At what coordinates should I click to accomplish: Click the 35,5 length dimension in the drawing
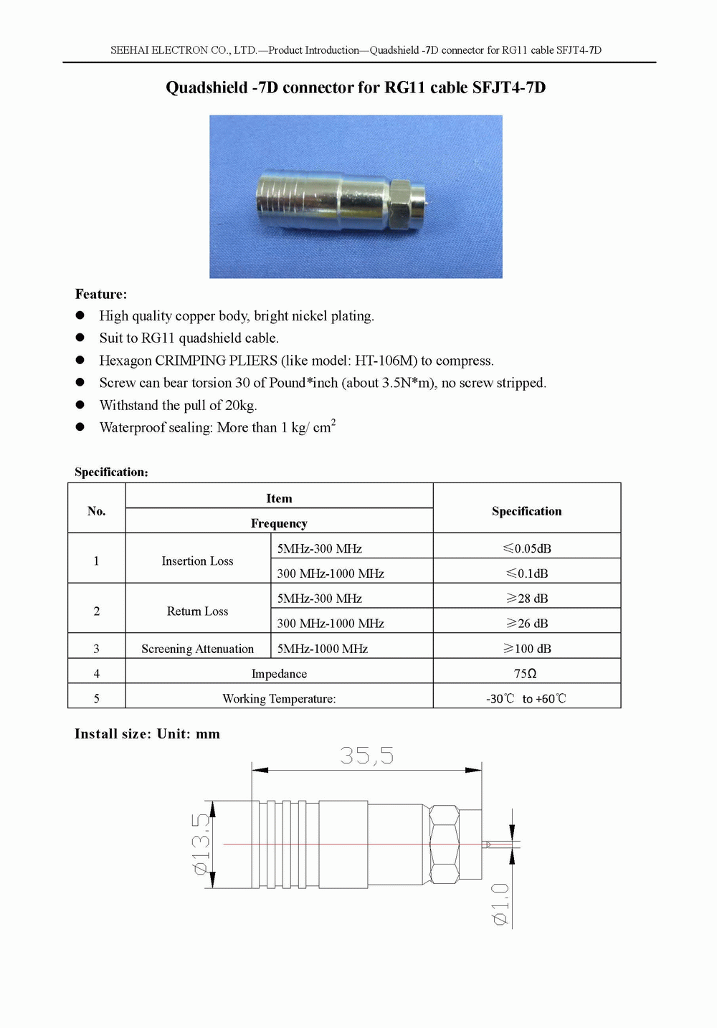click(x=366, y=756)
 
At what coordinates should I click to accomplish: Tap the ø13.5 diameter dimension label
click(x=201, y=844)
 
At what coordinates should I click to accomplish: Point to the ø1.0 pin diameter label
click(x=500, y=904)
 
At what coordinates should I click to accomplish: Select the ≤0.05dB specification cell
click(x=527, y=548)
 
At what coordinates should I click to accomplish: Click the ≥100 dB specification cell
click(x=527, y=649)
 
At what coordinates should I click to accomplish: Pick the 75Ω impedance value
click(x=526, y=674)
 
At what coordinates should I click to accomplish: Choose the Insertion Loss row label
click(x=197, y=561)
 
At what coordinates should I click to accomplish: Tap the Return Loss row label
click(x=197, y=611)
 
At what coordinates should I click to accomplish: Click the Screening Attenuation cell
click(x=197, y=649)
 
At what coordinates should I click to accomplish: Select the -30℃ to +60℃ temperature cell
click(x=526, y=698)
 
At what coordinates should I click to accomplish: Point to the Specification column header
click(x=526, y=511)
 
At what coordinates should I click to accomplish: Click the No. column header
click(x=96, y=511)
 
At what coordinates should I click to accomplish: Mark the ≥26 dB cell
click(x=527, y=624)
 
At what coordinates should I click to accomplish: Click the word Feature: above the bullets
click(x=101, y=294)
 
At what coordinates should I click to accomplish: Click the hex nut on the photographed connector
click(x=399, y=205)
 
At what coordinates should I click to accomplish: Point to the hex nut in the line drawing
click(x=444, y=844)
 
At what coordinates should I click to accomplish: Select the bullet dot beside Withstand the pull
click(x=80, y=405)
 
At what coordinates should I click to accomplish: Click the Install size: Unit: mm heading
click(x=147, y=734)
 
